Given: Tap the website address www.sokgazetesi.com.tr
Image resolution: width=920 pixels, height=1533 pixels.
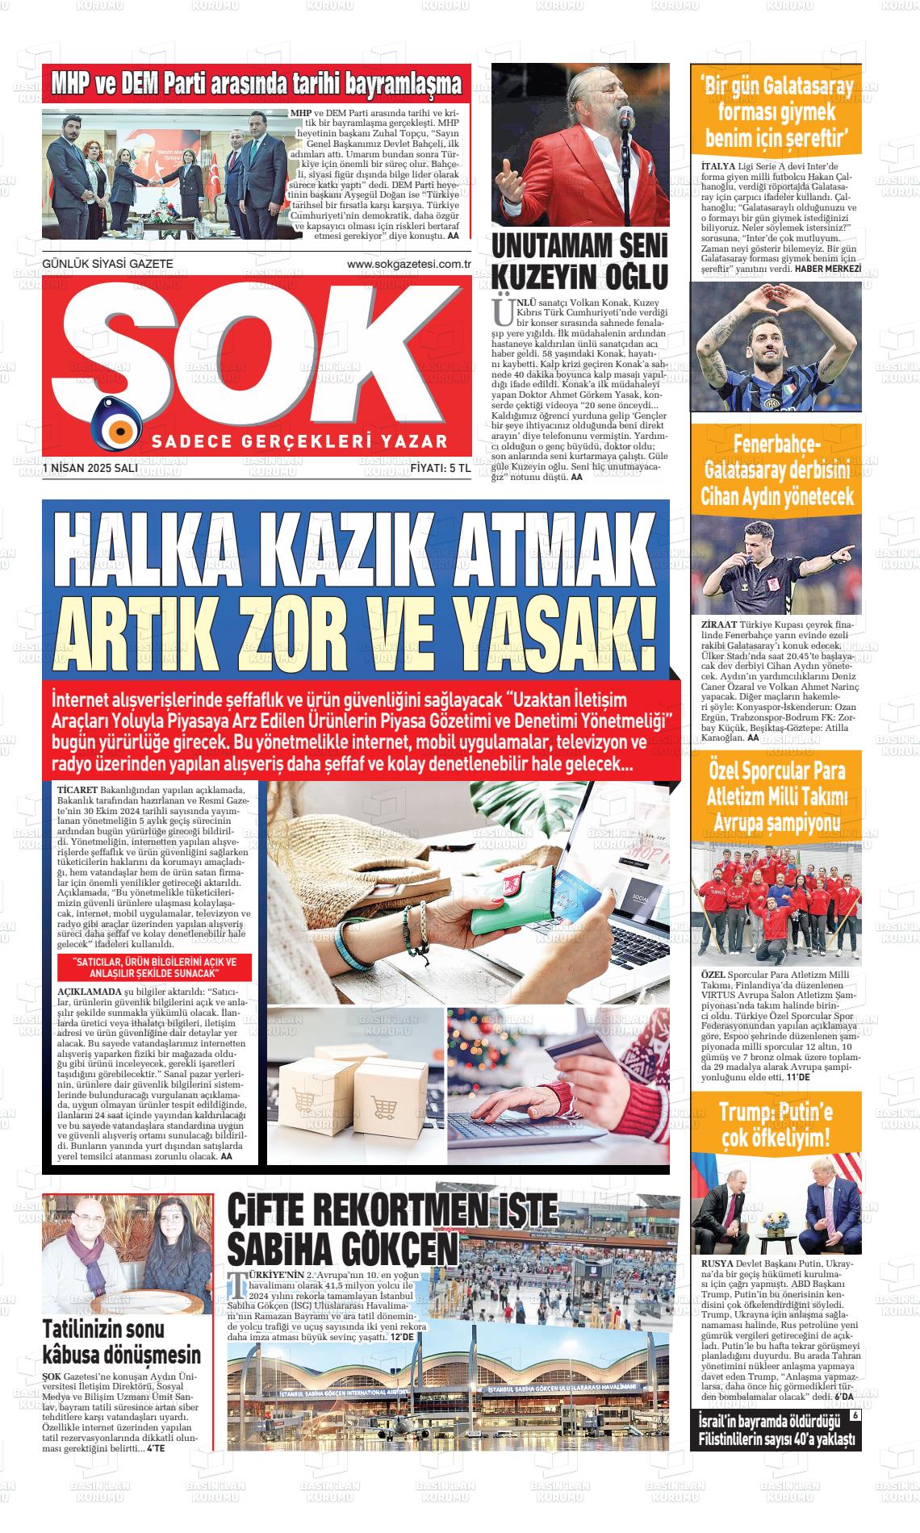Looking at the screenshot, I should [408, 264].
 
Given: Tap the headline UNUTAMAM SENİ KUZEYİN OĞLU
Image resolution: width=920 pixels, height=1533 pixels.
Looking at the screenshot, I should [579, 261].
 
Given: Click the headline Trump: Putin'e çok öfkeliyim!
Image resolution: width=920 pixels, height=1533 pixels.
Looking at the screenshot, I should [775, 1124].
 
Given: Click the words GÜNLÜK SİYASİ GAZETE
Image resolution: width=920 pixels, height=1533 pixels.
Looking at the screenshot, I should [107, 264].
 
